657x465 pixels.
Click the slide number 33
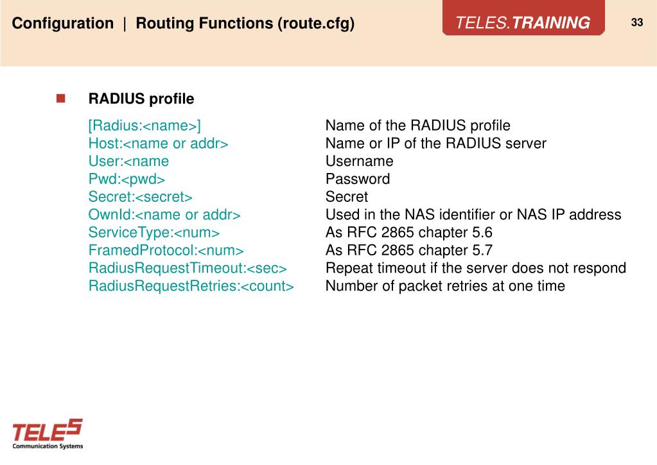tap(636, 23)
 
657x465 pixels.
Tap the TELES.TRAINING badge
tap(523, 23)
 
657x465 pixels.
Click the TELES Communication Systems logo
tap(48, 434)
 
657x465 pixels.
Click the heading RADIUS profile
tap(141, 99)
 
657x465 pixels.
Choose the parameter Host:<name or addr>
tap(158, 143)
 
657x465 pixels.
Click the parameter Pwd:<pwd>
tap(127, 179)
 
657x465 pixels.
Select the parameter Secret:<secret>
tap(140, 197)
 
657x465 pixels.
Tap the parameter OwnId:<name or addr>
tap(164, 214)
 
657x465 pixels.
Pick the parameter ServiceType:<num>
tap(154, 232)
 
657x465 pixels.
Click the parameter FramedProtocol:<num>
tap(166, 250)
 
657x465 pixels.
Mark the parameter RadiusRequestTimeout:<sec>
tap(188, 268)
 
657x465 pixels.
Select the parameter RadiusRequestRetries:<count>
tap(191, 286)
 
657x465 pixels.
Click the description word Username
tap(359, 161)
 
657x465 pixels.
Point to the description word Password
tap(357, 179)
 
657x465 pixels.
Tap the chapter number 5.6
tap(480, 232)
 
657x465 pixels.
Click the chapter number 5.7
tap(480, 250)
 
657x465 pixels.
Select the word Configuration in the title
tap(63, 24)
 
